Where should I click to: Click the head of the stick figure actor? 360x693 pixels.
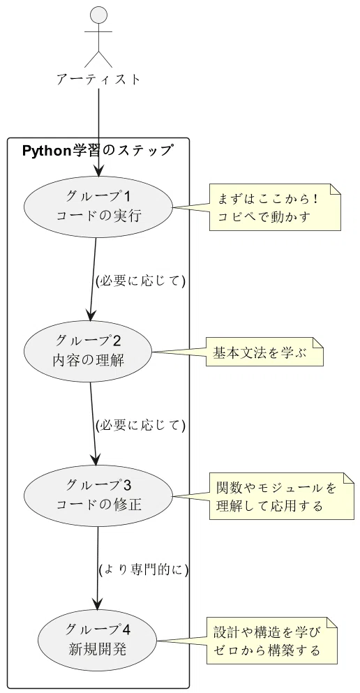point(98,15)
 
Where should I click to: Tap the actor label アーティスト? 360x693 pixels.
point(98,80)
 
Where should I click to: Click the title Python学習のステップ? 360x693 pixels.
point(97,151)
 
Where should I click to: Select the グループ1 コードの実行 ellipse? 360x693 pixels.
point(98,207)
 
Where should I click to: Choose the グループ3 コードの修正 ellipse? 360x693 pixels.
point(98,496)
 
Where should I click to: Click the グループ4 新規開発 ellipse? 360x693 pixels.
point(98,641)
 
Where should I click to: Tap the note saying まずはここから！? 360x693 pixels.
point(275,207)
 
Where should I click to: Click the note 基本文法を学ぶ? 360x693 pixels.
point(265,352)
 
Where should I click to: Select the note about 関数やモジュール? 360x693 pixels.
point(282,496)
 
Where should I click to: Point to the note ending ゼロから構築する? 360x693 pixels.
point(272,641)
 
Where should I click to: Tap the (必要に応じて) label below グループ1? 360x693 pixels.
point(140,281)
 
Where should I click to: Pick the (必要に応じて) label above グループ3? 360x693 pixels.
point(140,425)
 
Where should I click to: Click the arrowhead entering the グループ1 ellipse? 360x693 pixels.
point(98,171)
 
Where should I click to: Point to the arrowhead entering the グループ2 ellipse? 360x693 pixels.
point(91,315)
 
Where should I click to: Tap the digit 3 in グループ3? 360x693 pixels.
point(127,486)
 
